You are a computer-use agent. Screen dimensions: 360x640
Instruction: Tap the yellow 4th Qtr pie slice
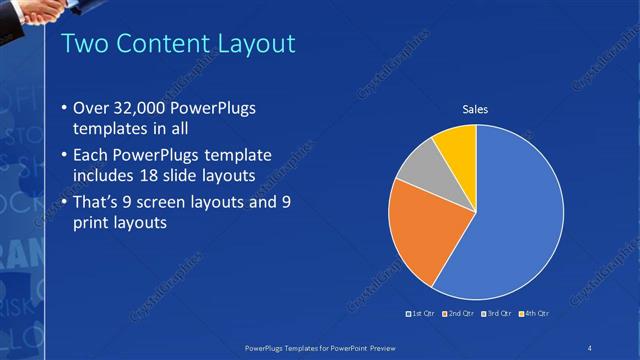pos(458,145)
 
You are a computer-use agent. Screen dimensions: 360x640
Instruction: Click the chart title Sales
pos(475,109)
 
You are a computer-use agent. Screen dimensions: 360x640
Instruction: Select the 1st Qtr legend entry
pos(419,313)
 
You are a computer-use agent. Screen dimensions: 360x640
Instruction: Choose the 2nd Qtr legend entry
pos(457,313)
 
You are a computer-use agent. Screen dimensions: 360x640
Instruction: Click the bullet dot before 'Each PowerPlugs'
pos(65,155)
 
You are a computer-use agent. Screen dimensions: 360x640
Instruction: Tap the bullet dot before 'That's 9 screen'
pos(65,203)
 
